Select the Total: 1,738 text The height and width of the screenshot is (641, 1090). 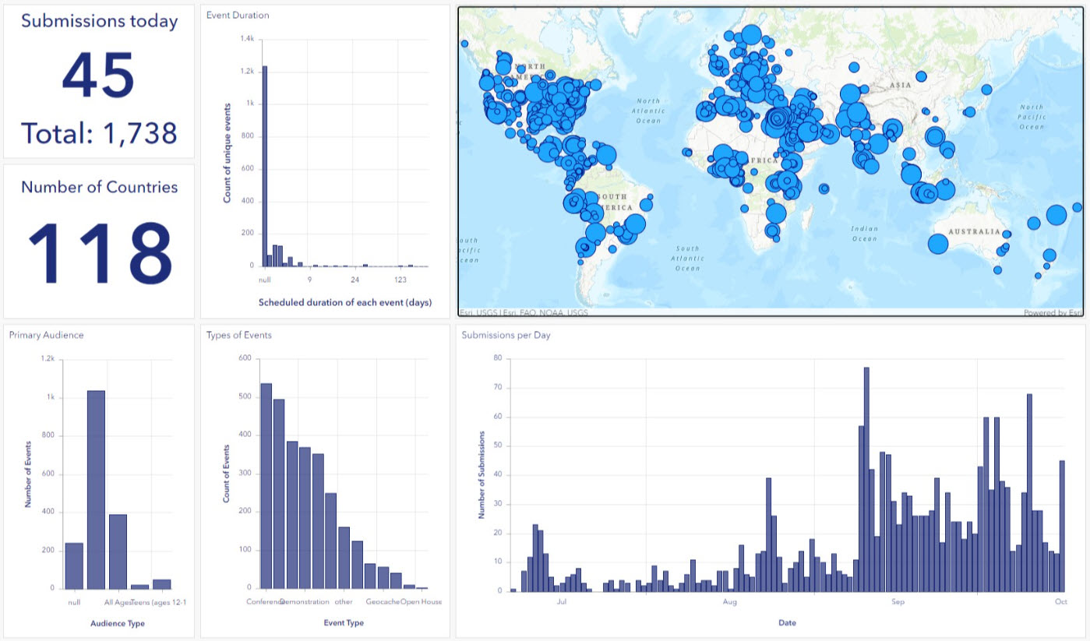pyautogui.click(x=99, y=134)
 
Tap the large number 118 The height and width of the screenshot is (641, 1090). pyautogui.click(x=100, y=253)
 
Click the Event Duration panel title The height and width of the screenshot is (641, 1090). pyautogui.click(x=238, y=15)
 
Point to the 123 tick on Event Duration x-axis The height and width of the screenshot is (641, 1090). pyautogui.click(x=400, y=280)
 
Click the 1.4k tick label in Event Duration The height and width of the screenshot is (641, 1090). pyautogui.click(x=247, y=38)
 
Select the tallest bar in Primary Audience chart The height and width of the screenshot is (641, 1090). pyautogui.click(x=96, y=489)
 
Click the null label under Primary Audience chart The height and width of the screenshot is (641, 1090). pyautogui.click(x=74, y=601)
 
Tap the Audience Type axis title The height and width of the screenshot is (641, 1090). pyautogui.click(x=117, y=623)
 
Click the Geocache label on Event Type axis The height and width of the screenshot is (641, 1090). pyautogui.click(x=383, y=601)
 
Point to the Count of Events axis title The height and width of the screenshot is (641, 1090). pyautogui.click(x=227, y=472)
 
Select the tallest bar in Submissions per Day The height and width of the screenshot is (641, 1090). pyautogui.click(x=866, y=479)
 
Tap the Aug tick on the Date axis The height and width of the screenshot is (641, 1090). pyautogui.click(x=730, y=602)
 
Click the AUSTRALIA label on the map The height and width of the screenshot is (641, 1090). pyautogui.click(x=974, y=231)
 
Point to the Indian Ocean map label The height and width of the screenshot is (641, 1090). pyautogui.click(x=864, y=234)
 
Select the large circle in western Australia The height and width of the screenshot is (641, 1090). pyautogui.click(x=938, y=244)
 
